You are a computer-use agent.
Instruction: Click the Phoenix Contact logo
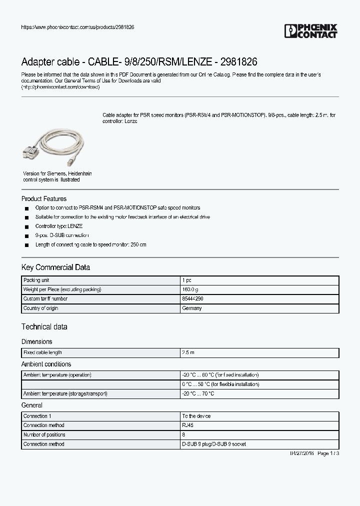tap(310, 31)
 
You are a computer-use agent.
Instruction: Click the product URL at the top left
tap(77, 27)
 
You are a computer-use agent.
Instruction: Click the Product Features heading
tap(44, 198)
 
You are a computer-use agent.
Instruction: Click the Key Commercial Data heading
tap(55, 267)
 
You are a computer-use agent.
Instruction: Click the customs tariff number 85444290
tap(192, 299)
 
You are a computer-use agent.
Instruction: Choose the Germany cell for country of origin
tap(192, 308)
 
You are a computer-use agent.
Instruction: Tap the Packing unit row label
tap(36, 280)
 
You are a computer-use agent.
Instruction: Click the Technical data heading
tap(44, 327)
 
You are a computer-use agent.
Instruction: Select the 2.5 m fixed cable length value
tap(188, 353)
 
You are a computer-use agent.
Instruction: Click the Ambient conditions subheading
tap(46, 364)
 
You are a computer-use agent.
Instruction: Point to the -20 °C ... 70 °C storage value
tap(198, 394)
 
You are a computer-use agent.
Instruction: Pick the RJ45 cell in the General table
tap(187, 425)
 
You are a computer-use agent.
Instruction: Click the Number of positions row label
tap(44, 435)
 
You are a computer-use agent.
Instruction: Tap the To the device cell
tap(196, 416)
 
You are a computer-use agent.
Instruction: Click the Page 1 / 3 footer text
tap(328, 453)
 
